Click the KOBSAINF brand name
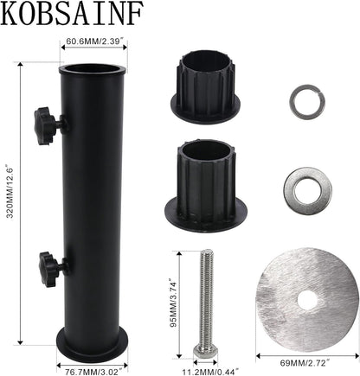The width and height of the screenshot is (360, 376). tap(72, 14)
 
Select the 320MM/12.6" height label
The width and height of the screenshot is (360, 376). tap(10, 192)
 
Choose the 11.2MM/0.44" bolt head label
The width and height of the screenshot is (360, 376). tap(210, 372)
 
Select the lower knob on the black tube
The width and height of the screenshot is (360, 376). tap(53, 269)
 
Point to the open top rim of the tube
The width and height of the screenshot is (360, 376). tap(93, 69)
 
